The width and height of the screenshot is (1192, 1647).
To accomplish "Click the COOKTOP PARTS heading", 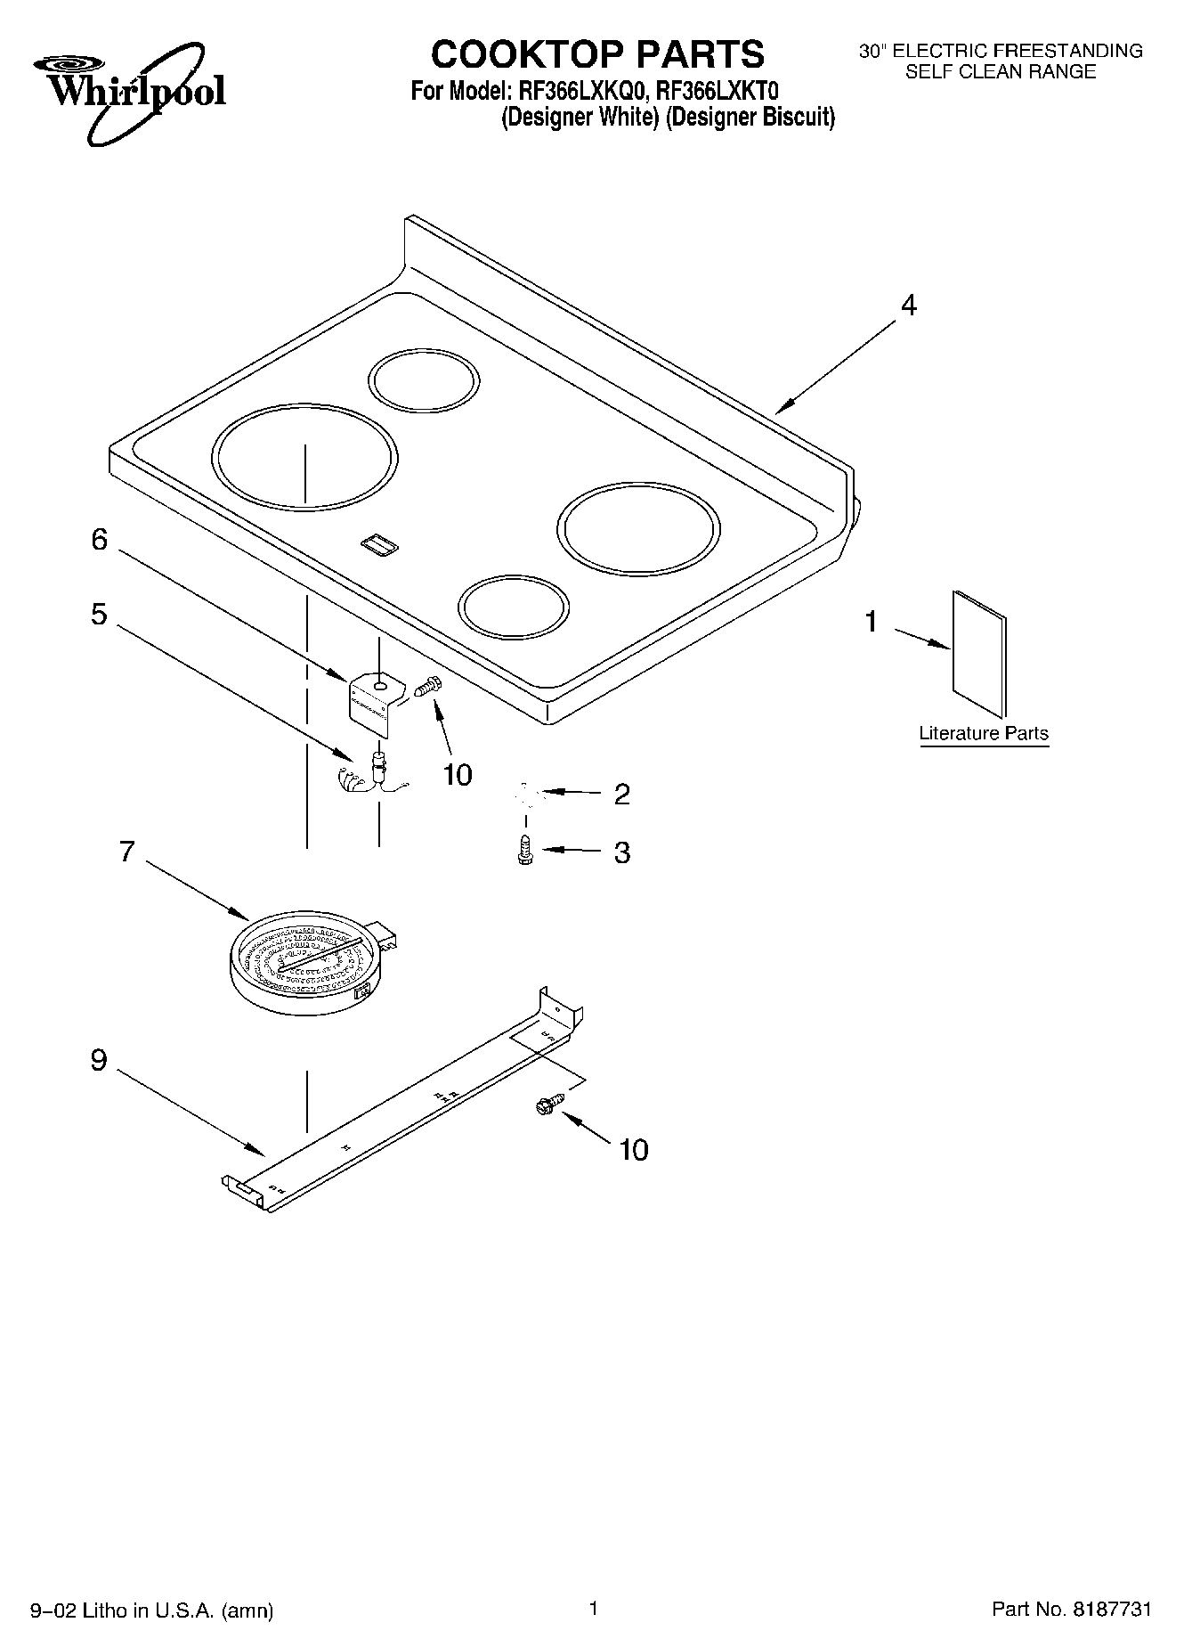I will [596, 54].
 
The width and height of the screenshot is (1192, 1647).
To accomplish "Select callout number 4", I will [907, 306].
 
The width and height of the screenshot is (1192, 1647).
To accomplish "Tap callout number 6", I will [100, 540].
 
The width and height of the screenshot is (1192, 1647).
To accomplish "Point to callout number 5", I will [100, 615].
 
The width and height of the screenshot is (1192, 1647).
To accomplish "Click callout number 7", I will [126, 852].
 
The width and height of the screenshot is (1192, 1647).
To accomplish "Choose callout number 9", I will [99, 1061].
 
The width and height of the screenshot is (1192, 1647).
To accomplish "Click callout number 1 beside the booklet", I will [872, 622].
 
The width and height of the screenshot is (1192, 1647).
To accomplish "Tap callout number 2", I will [621, 794].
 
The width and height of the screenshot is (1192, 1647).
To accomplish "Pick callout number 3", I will [621, 852].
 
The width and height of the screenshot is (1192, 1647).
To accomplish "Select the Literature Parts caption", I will [984, 734].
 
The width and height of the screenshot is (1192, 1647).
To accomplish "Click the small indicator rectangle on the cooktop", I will [379, 545].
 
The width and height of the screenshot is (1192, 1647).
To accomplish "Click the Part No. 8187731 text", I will [1071, 1610].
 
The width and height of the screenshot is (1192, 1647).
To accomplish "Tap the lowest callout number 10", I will [633, 1150].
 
